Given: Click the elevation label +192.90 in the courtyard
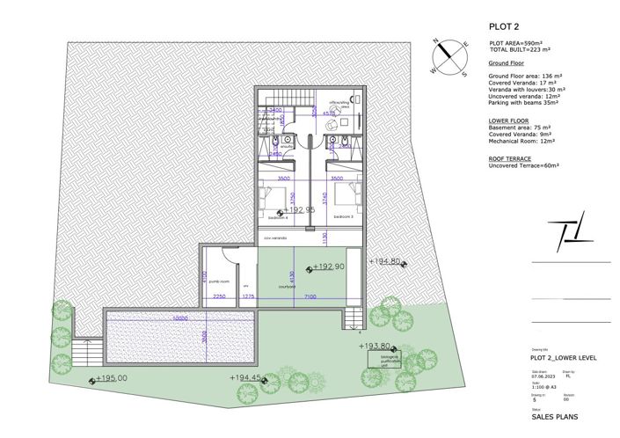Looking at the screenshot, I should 328,266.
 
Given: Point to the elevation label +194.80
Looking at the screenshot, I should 386,261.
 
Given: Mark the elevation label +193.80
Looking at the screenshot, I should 378,346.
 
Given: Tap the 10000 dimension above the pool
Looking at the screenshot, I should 180,318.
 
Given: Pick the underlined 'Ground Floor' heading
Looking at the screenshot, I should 507,64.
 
